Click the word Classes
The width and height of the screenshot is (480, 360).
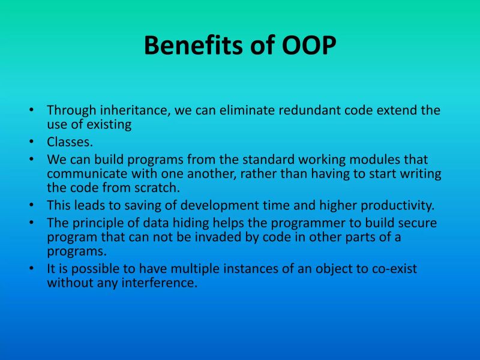[x=69, y=142]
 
